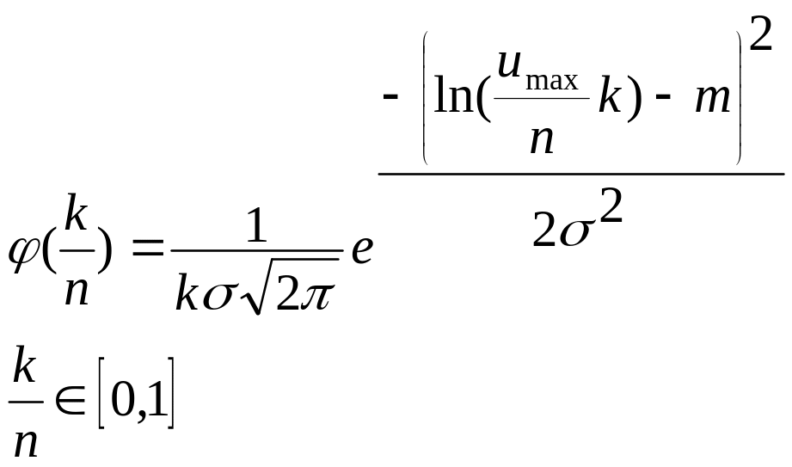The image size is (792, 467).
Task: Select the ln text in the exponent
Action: [x=457, y=97]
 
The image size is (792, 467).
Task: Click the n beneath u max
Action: [x=541, y=138]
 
